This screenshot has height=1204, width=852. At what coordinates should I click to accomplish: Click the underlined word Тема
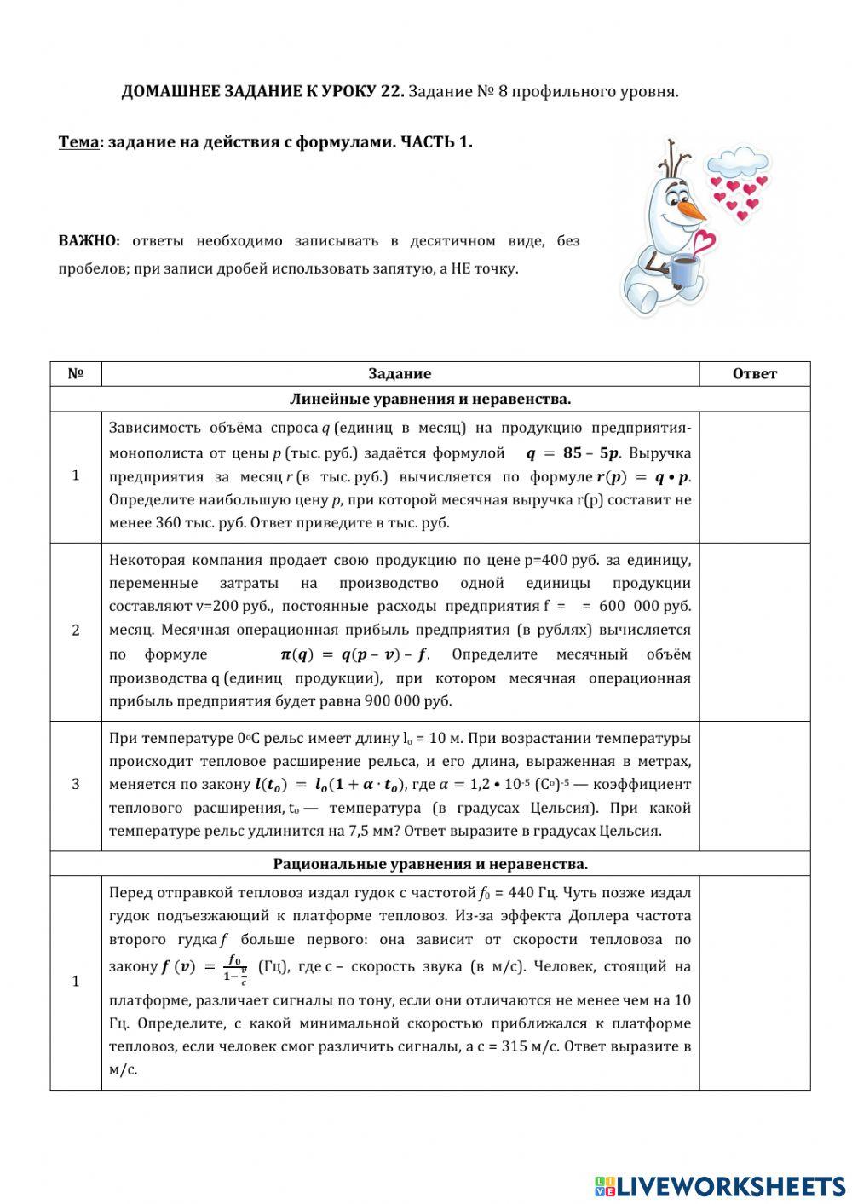[x=78, y=142]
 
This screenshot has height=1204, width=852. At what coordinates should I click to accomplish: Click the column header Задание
[x=400, y=373]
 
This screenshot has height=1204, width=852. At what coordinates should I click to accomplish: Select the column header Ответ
[x=754, y=373]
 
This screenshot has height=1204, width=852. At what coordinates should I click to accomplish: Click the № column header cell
[x=76, y=373]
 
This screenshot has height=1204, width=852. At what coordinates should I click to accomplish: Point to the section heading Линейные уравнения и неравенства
[x=430, y=399]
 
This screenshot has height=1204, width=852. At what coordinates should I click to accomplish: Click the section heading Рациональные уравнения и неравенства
[x=430, y=863]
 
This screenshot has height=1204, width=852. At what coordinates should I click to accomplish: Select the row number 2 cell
[x=76, y=631]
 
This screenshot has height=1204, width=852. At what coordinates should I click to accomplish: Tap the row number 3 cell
[x=76, y=784]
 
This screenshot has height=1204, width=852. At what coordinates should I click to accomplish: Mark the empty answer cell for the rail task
[x=754, y=785]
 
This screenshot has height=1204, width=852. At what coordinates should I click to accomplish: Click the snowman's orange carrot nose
[x=693, y=210]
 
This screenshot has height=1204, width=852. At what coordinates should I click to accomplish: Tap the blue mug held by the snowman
[x=686, y=271]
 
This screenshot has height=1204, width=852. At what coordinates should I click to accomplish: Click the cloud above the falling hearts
[x=737, y=162]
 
